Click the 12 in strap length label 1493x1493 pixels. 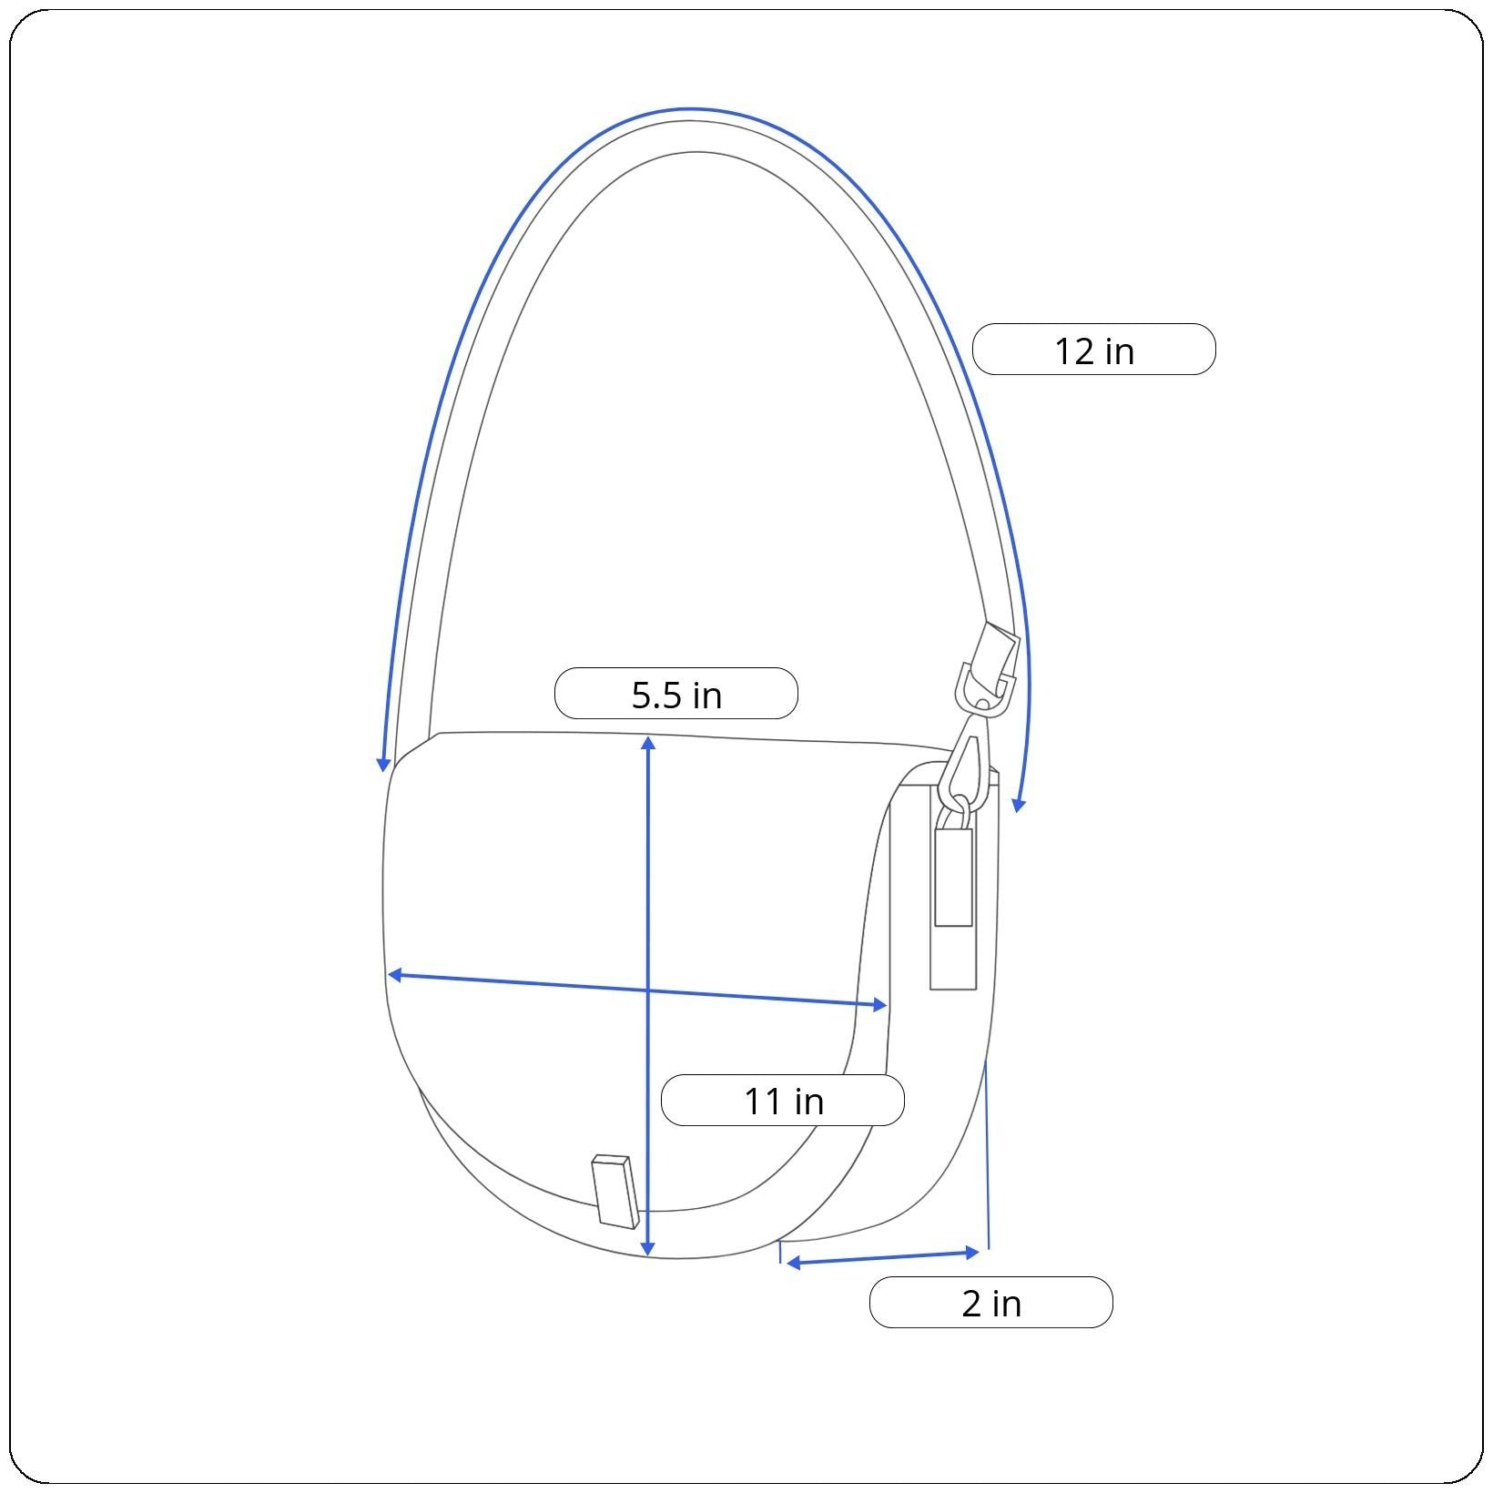coord(1093,350)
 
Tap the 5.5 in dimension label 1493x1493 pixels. coord(676,694)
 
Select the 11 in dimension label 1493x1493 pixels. coord(783,1100)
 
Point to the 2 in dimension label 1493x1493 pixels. coord(991,1303)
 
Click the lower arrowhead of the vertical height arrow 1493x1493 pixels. coord(647,1249)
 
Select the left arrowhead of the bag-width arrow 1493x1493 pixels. coord(395,975)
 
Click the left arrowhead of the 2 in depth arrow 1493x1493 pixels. coord(793,1263)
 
